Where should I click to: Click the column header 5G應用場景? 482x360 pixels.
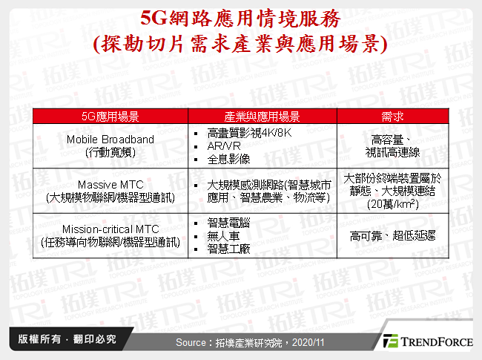click(x=110, y=117)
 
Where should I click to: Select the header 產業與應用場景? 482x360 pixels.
click(x=262, y=117)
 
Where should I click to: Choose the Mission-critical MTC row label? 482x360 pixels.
click(x=110, y=236)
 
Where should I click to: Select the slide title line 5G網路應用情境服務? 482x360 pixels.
click(x=241, y=18)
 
